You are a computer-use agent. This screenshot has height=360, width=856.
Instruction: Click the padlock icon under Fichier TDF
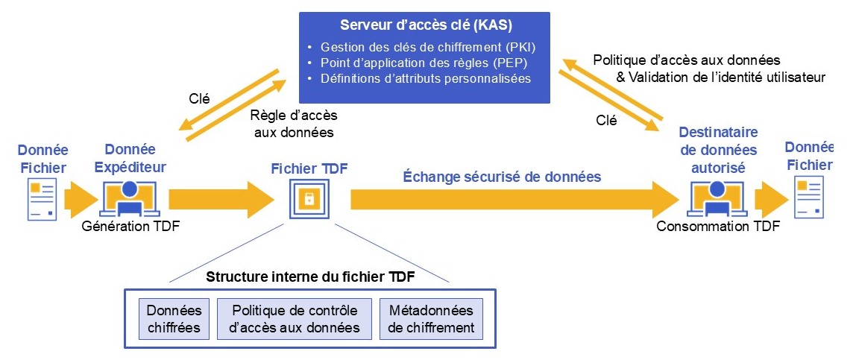[308, 199]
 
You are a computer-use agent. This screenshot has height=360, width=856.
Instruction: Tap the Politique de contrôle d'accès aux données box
[295, 319]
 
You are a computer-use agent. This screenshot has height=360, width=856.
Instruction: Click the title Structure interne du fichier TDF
[311, 277]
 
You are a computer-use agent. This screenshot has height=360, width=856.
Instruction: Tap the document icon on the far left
[42, 199]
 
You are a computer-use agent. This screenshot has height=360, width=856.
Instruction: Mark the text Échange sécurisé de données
[502, 177]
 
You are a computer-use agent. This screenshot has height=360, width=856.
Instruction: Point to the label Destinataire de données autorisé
[718, 150]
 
